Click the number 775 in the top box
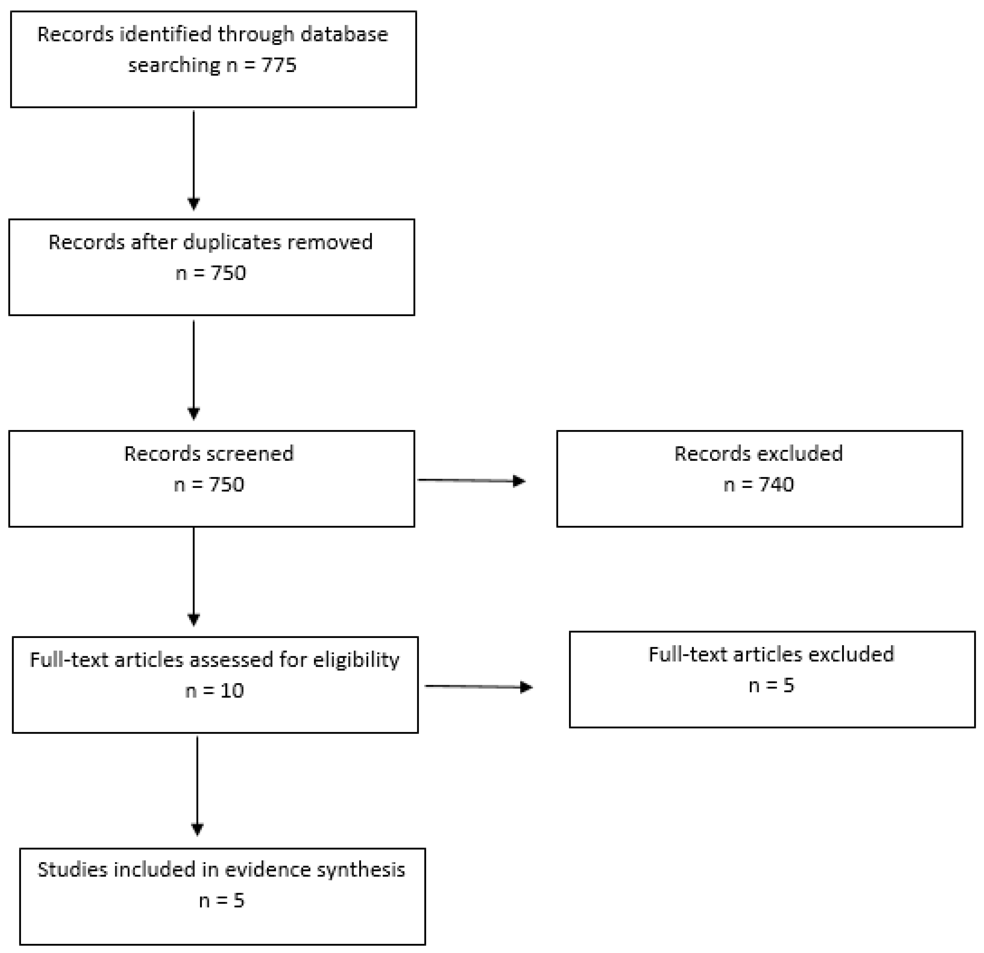[x=279, y=65]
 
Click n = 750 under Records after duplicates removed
[x=211, y=273]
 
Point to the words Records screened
[x=209, y=454]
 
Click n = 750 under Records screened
[x=209, y=485]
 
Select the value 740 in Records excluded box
[x=776, y=485]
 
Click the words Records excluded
[x=758, y=454]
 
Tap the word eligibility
[x=356, y=660]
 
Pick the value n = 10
[x=214, y=691]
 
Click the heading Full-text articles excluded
[x=771, y=654]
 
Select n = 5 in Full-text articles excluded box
[x=771, y=685]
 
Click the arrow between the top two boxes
[x=194, y=160]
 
